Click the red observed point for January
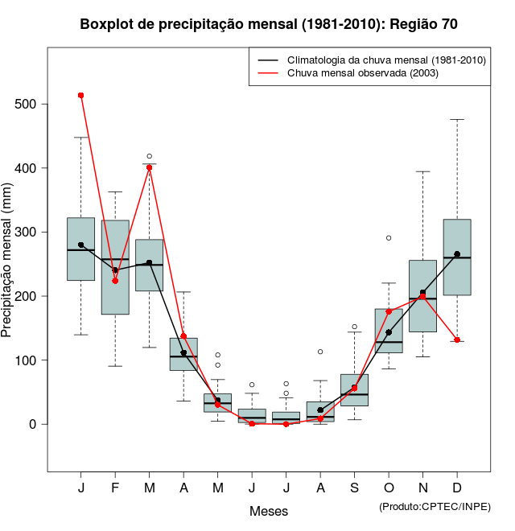click(x=80, y=95)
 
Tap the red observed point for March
click(x=149, y=168)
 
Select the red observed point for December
click(x=457, y=340)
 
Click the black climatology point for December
click(x=457, y=254)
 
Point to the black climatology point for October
click(x=389, y=332)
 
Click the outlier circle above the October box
click(x=389, y=238)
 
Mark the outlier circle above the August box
click(x=320, y=352)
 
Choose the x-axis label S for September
click(x=354, y=488)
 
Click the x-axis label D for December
click(x=457, y=488)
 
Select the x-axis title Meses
click(x=269, y=511)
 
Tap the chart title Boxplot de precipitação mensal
click(x=269, y=24)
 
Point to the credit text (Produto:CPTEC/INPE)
click(x=435, y=506)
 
